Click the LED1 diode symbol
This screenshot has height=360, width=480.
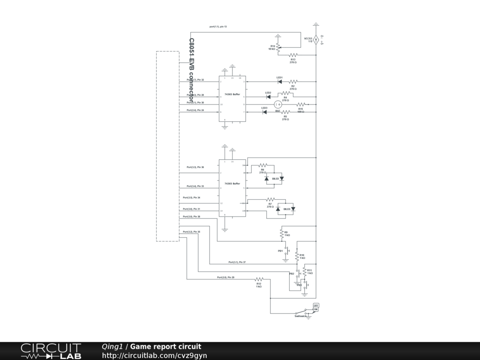coord(280,82)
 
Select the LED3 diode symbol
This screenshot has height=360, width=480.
coord(265,112)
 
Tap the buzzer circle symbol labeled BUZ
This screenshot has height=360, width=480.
coord(277,105)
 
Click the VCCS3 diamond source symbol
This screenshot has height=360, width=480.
coord(316,40)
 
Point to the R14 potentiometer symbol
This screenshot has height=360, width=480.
coord(278,47)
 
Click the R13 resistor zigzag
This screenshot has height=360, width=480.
coord(293,55)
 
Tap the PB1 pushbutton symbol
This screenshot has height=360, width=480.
coord(286,251)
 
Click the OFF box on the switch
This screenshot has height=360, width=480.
coord(315,306)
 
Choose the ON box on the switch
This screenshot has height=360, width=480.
coord(315,310)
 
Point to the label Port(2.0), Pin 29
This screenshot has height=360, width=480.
coord(225,277)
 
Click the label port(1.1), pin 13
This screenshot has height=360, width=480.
coord(218,27)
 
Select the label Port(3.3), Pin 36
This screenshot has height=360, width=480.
coord(195,167)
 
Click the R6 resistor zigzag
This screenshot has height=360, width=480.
coord(262,165)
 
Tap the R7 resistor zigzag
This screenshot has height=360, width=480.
coord(270,200)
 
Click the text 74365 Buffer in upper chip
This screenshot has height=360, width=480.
coord(232,95)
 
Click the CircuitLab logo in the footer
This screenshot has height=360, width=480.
coord(51,351)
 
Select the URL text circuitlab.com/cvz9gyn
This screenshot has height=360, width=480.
coord(154,355)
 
